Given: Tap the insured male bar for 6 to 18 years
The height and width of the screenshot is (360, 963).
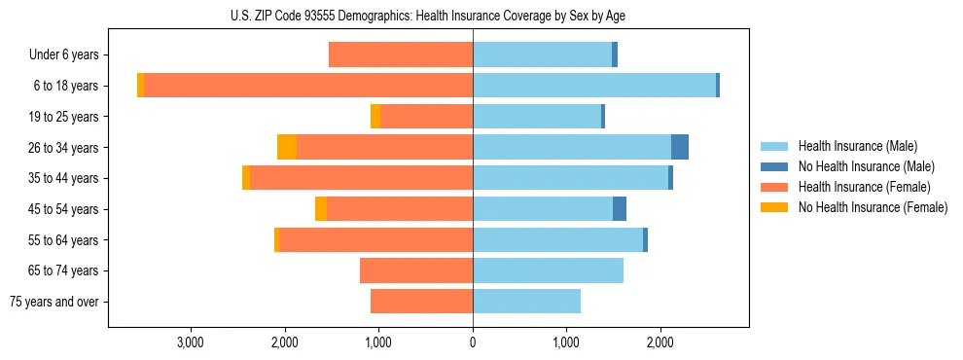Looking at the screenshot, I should pyautogui.click(x=594, y=86).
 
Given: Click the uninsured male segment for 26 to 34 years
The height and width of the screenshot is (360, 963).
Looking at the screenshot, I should pyautogui.click(x=680, y=147).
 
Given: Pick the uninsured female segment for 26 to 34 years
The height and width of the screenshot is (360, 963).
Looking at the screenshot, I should pyautogui.click(x=287, y=147).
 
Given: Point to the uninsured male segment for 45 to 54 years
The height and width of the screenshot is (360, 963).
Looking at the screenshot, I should pyautogui.click(x=620, y=209).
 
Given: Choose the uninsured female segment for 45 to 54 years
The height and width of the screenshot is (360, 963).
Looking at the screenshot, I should pyautogui.click(x=321, y=209).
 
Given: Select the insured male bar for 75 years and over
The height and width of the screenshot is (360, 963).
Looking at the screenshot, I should pyautogui.click(x=526, y=302).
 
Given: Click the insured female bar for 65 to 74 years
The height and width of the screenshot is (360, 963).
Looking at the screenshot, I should pyautogui.click(x=416, y=270).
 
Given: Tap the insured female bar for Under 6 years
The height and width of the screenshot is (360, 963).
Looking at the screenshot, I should pyautogui.click(x=401, y=54).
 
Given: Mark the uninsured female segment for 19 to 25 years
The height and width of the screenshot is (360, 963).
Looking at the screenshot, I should pyautogui.click(x=375, y=117).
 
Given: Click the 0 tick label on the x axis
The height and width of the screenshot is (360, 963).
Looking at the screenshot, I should pyautogui.click(x=473, y=342).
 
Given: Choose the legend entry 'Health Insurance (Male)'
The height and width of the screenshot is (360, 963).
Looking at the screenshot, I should pyautogui.click(x=857, y=146).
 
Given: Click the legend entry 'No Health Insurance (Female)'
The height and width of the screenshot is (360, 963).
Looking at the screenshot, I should pyautogui.click(x=873, y=207).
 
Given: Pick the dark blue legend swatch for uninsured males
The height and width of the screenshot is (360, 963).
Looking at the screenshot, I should pyautogui.click(x=774, y=166).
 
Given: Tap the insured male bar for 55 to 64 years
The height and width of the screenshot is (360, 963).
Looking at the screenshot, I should pyautogui.click(x=557, y=240).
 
